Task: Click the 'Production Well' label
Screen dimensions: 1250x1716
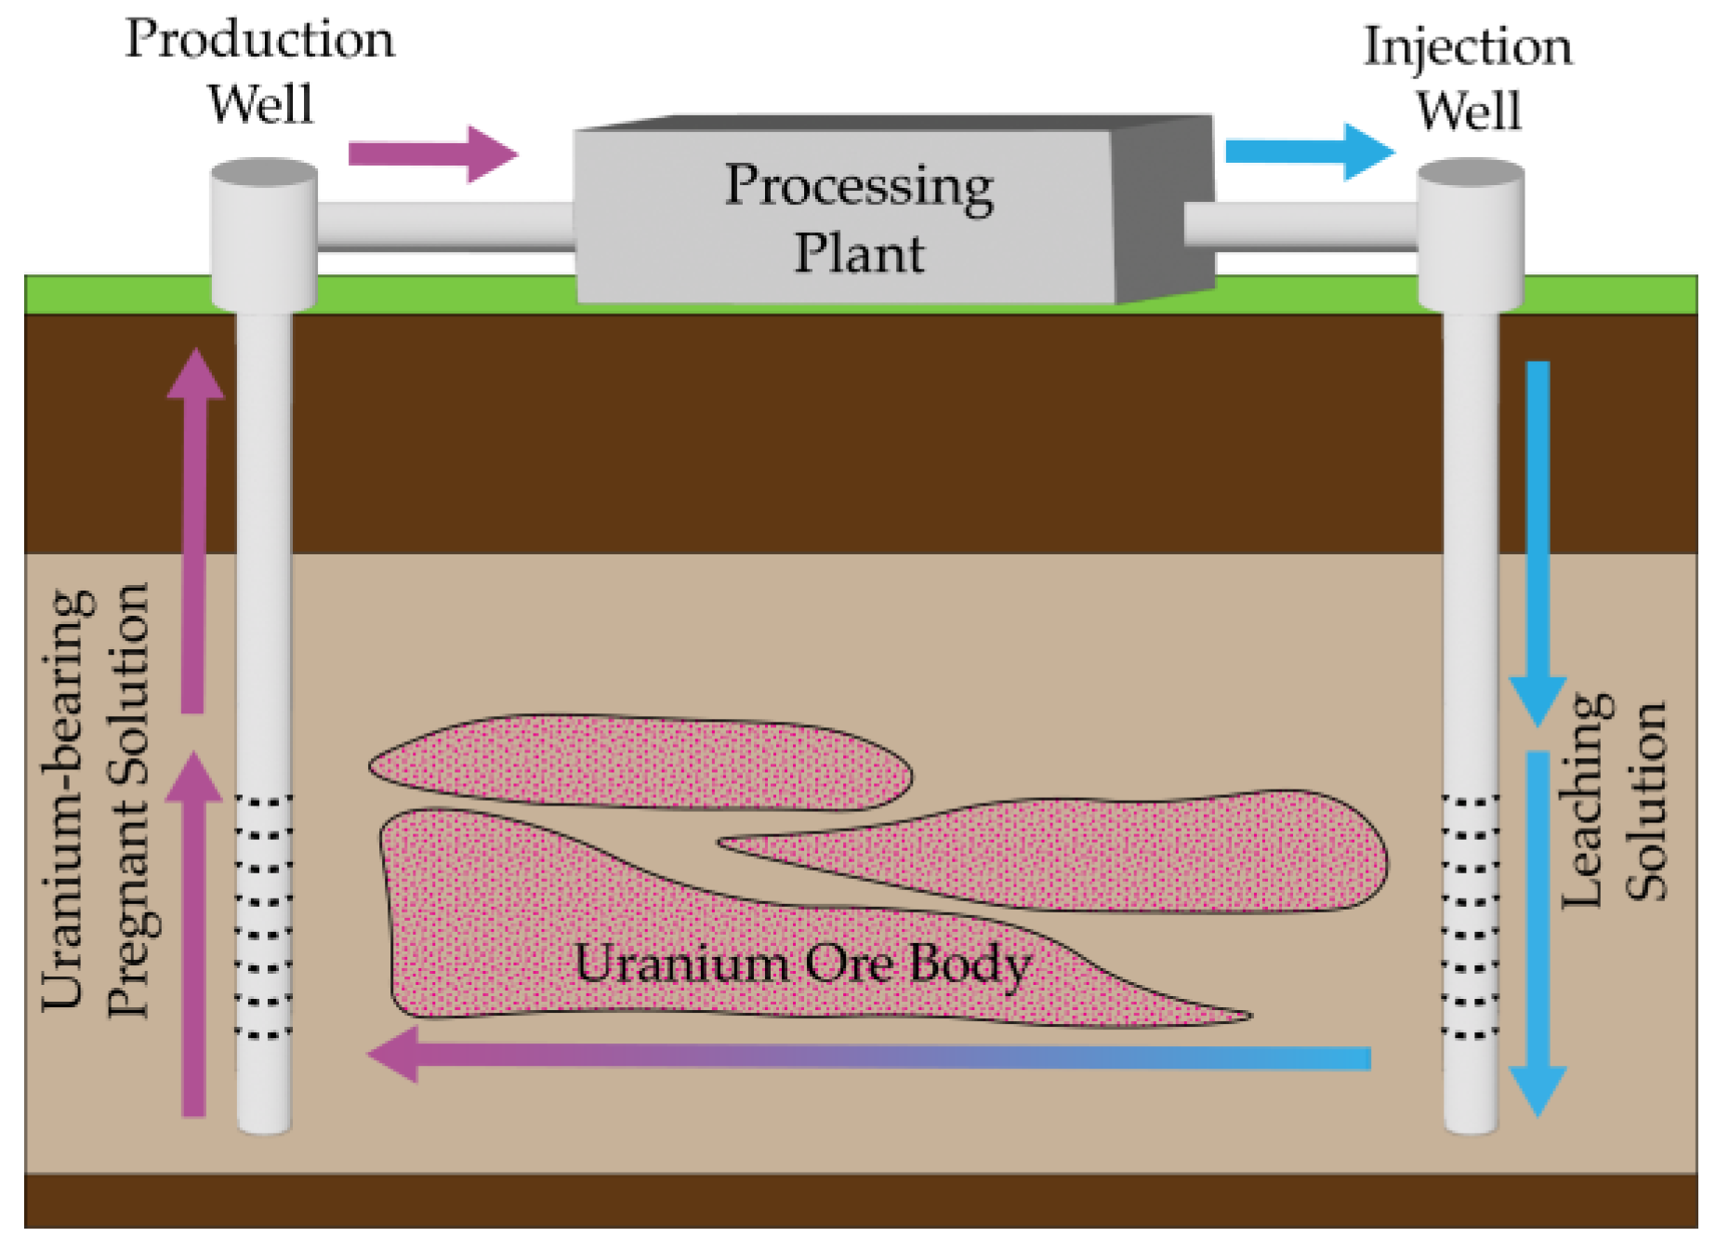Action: click(260, 72)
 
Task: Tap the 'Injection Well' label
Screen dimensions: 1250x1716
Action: click(1468, 78)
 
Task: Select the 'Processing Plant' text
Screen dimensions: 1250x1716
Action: click(859, 219)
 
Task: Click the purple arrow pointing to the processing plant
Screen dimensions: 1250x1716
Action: click(432, 153)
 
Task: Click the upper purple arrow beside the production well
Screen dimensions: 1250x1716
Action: click(193, 530)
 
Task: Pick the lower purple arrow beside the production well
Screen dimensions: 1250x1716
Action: click(193, 930)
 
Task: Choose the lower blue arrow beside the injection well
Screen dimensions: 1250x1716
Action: click(1538, 930)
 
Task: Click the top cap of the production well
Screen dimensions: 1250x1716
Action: click(265, 173)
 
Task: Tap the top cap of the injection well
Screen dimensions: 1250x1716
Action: click(1470, 173)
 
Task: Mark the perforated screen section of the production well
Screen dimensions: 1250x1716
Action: click(264, 916)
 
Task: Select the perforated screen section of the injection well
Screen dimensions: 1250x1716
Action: click(1470, 916)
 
